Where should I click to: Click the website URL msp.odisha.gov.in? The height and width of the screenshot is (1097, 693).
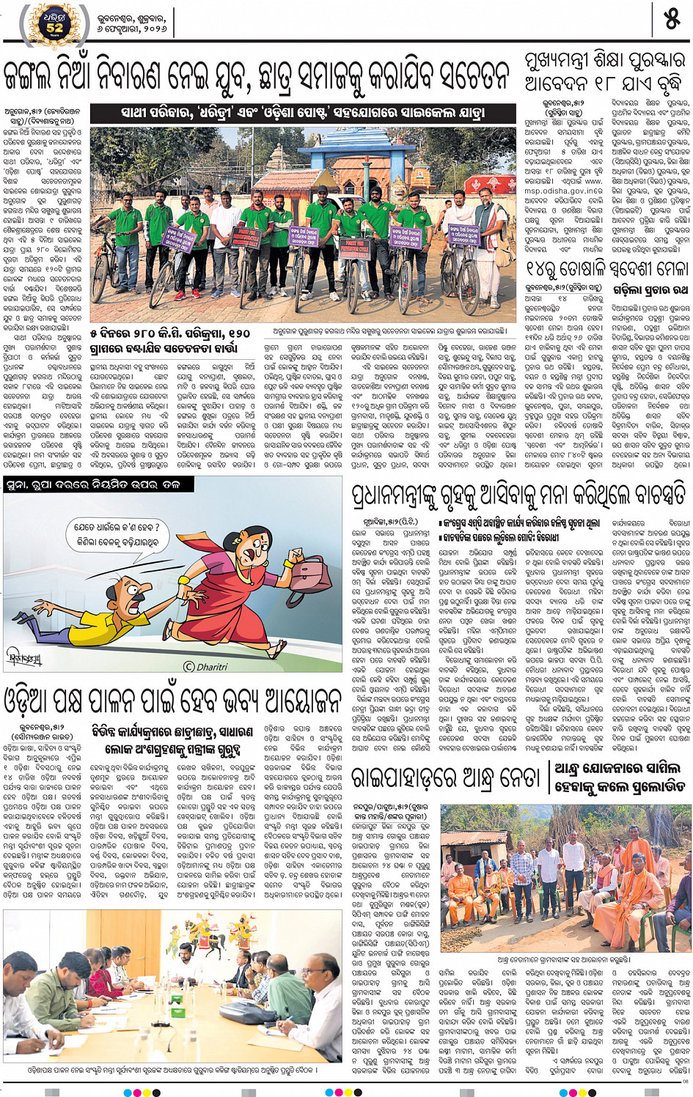(x=562, y=191)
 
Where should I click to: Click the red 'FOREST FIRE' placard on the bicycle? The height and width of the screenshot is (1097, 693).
(x=244, y=237)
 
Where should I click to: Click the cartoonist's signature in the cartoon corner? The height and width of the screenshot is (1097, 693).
(x=25, y=657)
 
